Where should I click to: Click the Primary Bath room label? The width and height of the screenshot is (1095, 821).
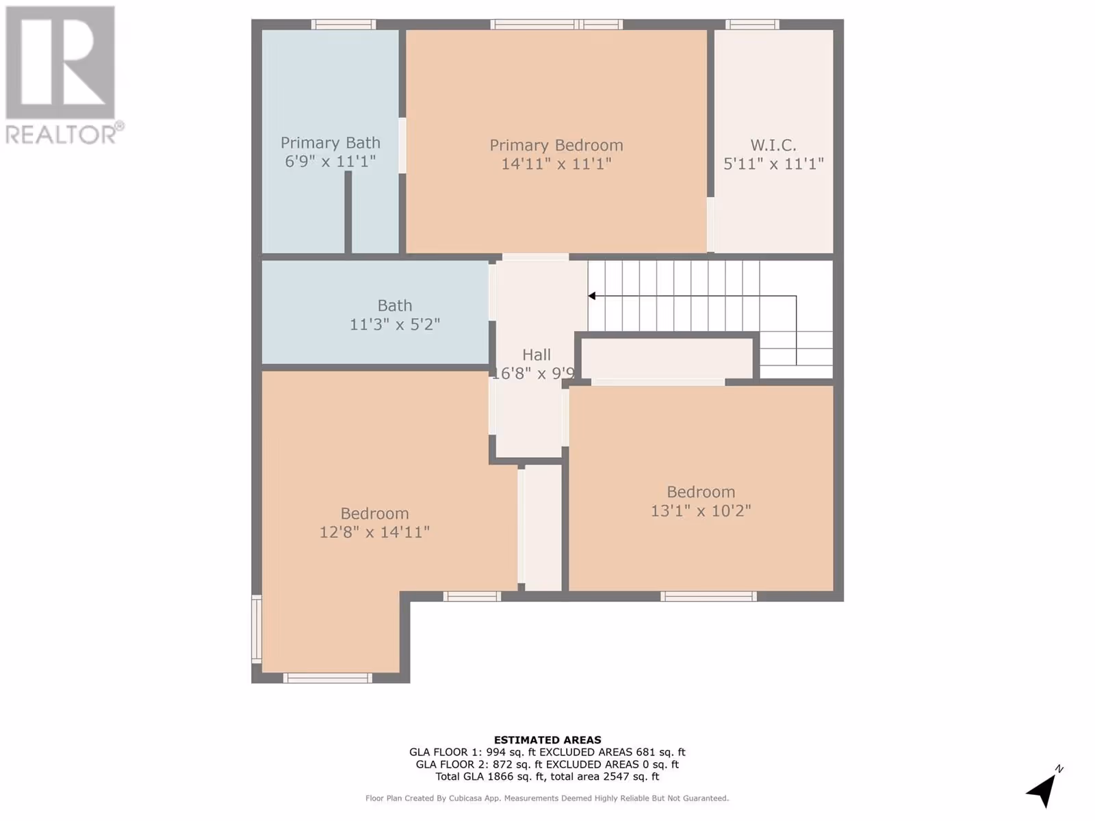[331, 143]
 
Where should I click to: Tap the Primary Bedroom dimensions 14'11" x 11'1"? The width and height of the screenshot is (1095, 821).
[556, 164]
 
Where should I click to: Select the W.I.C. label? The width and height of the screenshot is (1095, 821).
[773, 145]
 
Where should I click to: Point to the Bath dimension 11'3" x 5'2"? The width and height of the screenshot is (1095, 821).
[395, 324]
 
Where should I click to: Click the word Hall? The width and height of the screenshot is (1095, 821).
[537, 355]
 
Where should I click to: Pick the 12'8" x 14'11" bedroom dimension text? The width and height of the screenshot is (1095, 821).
[374, 532]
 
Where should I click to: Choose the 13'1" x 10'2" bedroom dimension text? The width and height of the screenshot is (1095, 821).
[701, 510]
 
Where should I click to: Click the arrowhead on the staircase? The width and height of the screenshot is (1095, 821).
[592, 296]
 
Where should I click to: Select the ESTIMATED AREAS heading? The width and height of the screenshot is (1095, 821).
[547, 740]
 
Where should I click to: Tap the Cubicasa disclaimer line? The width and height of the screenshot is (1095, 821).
[547, 798]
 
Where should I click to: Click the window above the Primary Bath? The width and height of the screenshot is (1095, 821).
[344, 24]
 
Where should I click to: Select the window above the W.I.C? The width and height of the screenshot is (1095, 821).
[752, 24]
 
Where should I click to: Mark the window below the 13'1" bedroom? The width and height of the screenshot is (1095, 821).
[708, 596]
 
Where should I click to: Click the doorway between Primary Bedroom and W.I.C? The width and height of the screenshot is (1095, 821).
[710, 225]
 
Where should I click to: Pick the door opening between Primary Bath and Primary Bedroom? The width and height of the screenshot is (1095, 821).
[402, 146]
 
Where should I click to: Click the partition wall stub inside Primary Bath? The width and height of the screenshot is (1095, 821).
[348, 212]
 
